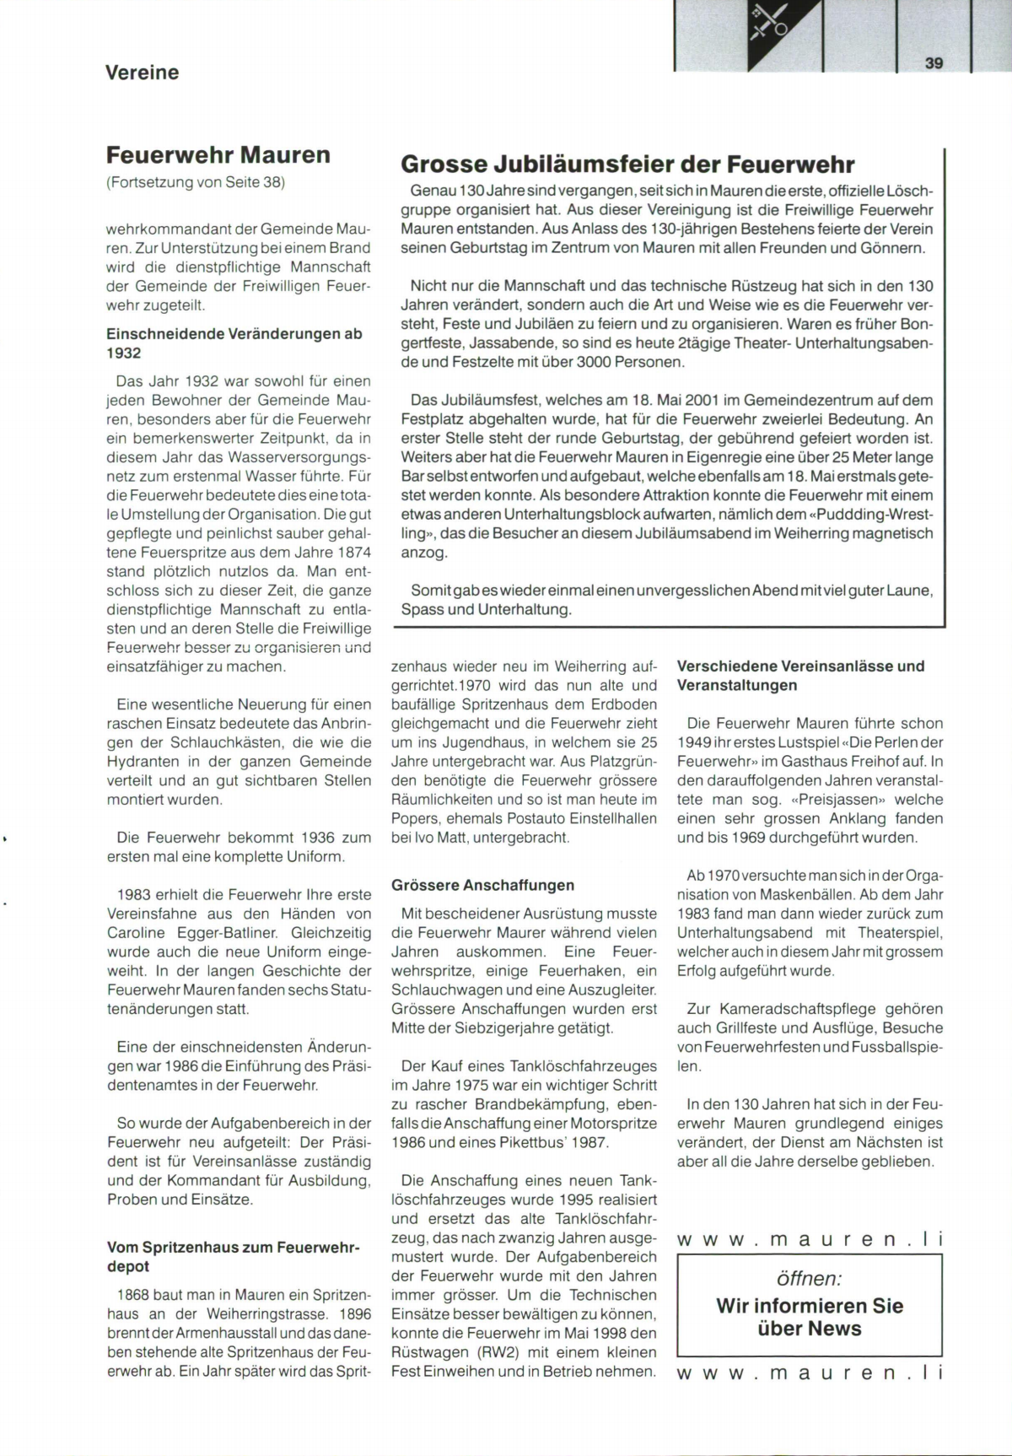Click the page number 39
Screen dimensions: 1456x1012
pyautogui.click(x=934, y=62)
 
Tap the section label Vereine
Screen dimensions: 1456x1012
pyautogui.click(x=142, y=73)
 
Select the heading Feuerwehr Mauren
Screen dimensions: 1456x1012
pyautogui.click(x=218, y=155)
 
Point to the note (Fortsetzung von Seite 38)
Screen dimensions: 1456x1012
pyautogui.click(x=196, y=182)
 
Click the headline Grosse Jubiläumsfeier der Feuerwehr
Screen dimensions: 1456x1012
pyautogui.click(x=627, y=164)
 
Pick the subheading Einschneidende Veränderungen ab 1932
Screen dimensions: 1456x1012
pyautogui.click(x=234, y=343)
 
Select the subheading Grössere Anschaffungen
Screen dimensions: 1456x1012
pyautogui.click(x=482, y=885)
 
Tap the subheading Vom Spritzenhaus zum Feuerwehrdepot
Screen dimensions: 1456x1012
pyautogui.click(x=233, y=1256)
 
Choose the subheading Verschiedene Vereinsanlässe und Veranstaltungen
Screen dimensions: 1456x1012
pyautogui.click(x=800, y=676)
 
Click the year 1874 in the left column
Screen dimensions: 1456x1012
pyautogui.click(x=353, y=553)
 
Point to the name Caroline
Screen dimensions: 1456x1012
pyautogui.click(x=137, y=933)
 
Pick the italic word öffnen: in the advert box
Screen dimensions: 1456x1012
pyautogui.click(x=809, y=1278)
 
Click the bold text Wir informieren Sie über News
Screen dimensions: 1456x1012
pyautogui.click(x=809, y=1317)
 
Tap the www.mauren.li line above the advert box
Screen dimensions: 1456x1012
pyautogui.click(x=809, y=1239)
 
